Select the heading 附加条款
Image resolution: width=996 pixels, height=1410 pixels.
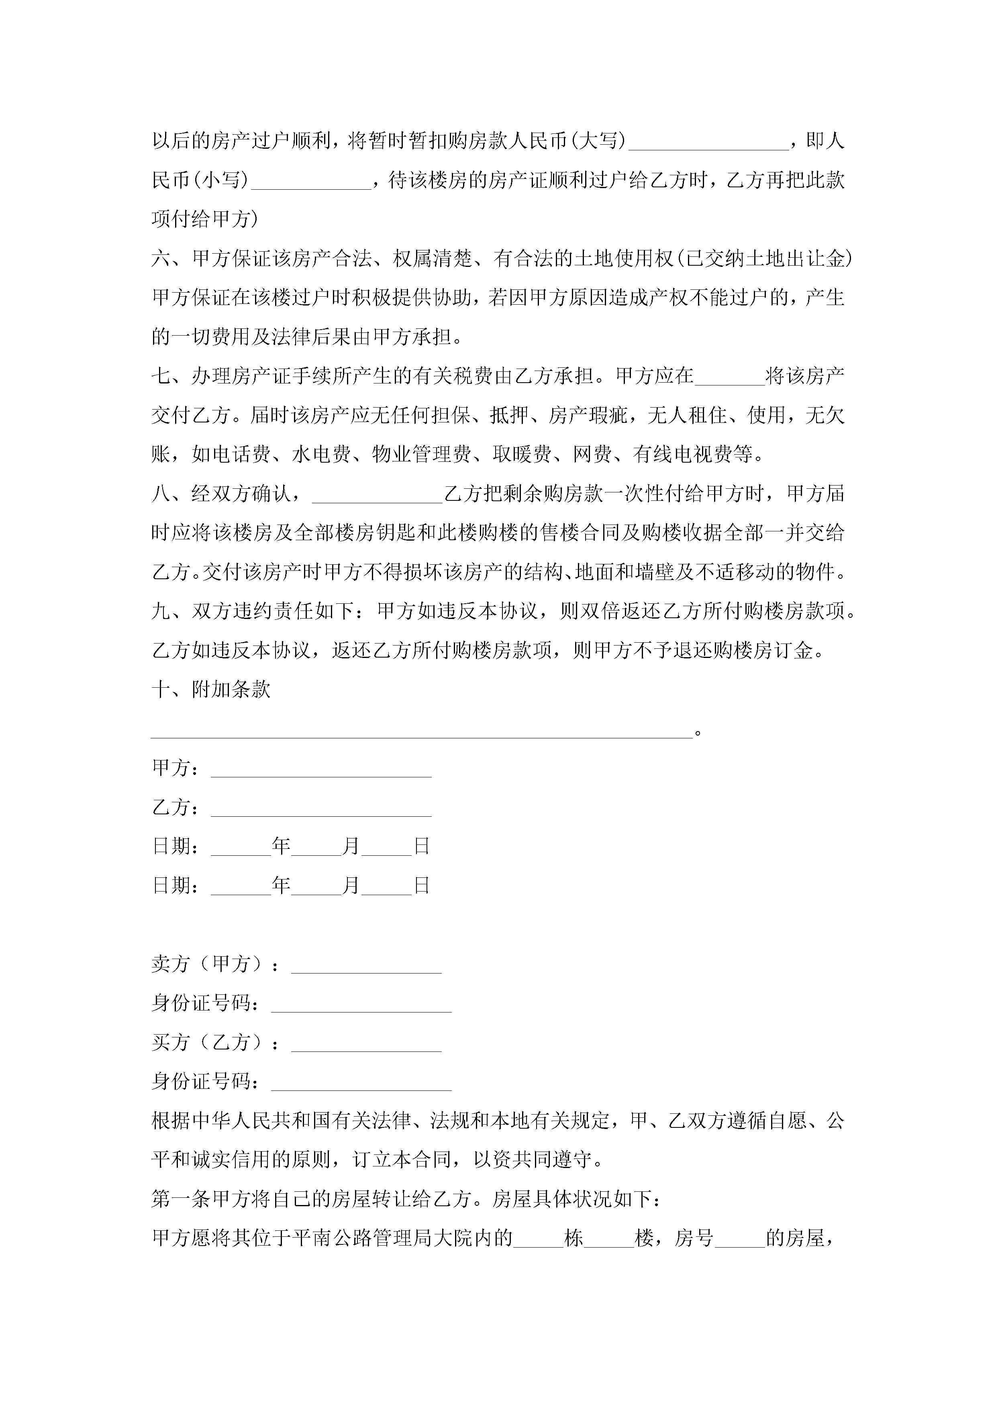click(231, 690)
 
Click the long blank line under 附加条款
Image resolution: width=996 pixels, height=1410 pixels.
click(422, 731)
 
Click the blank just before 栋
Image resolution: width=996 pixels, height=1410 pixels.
click(538, 1239)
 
